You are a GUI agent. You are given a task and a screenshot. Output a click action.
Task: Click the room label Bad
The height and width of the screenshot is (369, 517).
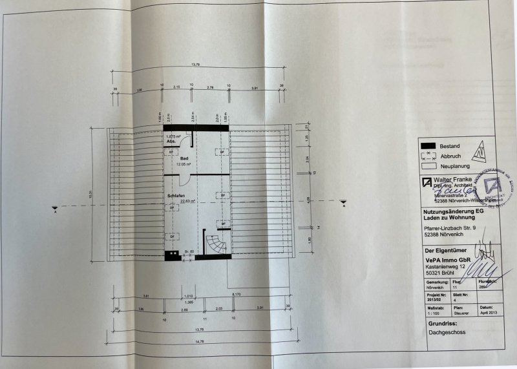pyautogui.click(x=184, y=158)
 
